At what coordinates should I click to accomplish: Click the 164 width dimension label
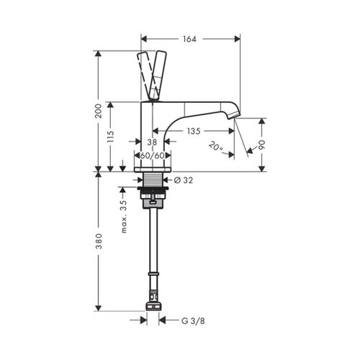coord(189,39)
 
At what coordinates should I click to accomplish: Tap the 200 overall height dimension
coord(98,111)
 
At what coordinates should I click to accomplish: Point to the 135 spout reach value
coord(194,131)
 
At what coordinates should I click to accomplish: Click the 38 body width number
coord(152,142)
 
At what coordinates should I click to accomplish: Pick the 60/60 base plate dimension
coord(152,156)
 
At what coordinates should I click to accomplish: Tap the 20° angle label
coord(216,146)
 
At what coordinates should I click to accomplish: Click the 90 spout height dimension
coord(262,145)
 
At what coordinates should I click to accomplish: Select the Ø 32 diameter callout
coord(184,180)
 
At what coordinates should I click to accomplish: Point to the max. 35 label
coord(124,217)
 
